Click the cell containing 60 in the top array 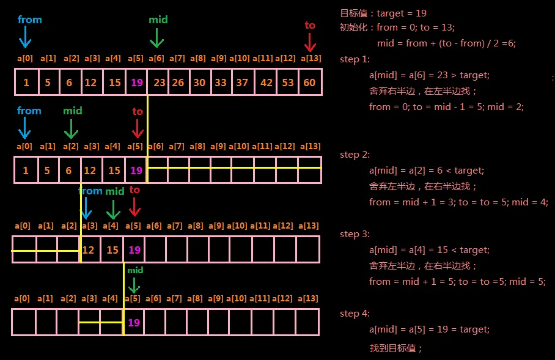(310, 82)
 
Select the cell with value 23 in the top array (159, 82)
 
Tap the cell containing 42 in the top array (266, 82)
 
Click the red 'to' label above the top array (310, 25)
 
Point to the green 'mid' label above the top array (158, 20)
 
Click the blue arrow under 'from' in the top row (24, 38)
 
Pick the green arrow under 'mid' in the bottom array (134, 284)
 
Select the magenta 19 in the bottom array (134, 322)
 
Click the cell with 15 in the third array (112, 250)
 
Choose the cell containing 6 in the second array (68, 171)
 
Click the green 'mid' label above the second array (72, 111)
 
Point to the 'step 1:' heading (355, 59)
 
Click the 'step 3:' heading (355, 234)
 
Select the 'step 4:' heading (355, 314)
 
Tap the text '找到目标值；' (396, 348)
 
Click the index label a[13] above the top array (310, 59)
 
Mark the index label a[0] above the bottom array (23, 298)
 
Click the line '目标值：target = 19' (383, 13)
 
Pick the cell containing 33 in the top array (220, 82)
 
